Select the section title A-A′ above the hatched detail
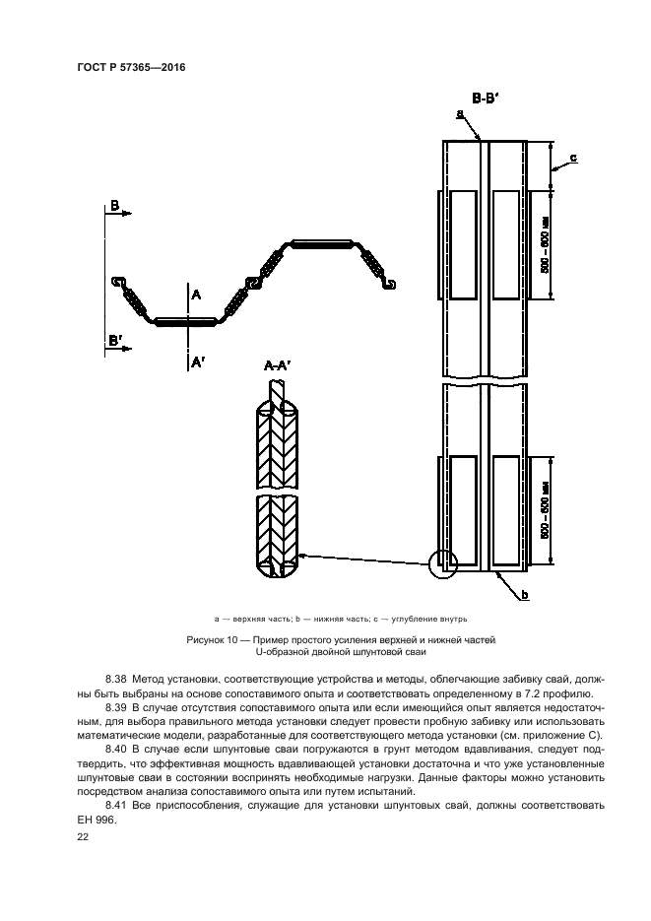coord(281,366)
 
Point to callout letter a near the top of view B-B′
coord(460,115)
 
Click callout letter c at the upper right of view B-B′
coord(573,157)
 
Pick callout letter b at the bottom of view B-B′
coord(525,594)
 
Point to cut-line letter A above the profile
coord(195,294)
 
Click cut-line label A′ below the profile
coord(197,362)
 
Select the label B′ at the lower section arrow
coord(116,340)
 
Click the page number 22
coord(82,833)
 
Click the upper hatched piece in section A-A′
coord(280,444)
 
